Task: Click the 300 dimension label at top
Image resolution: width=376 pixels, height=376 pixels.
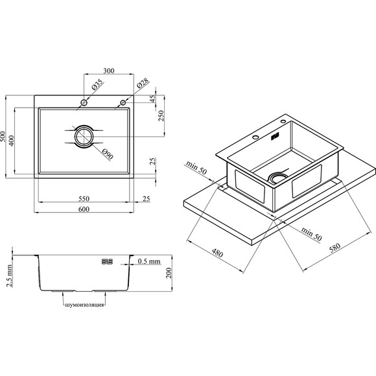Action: pos(109,71)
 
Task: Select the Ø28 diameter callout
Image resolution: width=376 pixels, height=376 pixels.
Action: pos(143,83)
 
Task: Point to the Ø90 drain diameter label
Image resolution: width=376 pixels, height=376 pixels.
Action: pos(108,154)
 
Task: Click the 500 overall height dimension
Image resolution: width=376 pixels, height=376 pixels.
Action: pos(3,136)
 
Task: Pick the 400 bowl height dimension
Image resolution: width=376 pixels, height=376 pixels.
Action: pos(11,141)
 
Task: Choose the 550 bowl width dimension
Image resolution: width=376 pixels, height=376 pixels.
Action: pos(84,198)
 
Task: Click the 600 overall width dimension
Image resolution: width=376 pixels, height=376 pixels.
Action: pos(84,209)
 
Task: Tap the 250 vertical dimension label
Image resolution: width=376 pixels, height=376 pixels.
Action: pos(161,115)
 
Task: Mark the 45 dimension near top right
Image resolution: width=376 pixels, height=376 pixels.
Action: pos(152,99)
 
